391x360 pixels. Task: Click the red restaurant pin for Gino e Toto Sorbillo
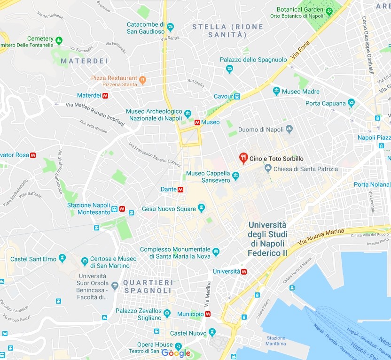click(243, 158)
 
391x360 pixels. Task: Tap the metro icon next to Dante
click(180, 190)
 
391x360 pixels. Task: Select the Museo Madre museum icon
click(277, 91)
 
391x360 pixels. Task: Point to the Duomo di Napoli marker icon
click(289, 129)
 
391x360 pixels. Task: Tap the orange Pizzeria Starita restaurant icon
click(142, 81)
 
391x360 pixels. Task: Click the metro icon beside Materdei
click(105, 95)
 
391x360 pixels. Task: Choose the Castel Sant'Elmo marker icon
click(62, 259)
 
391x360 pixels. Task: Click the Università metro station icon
click(244, 271)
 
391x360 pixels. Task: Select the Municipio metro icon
click(208, 314)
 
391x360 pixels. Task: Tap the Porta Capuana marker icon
click(351, 103)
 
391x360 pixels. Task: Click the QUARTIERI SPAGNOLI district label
click(148, 286)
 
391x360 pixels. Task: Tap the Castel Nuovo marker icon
click(212, 332)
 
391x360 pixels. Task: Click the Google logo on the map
click(176, 353)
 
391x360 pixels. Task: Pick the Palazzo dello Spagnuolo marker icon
click(229, 69)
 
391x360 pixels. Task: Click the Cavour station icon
click(237, 96)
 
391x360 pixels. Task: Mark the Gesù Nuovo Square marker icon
click(202, 207)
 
